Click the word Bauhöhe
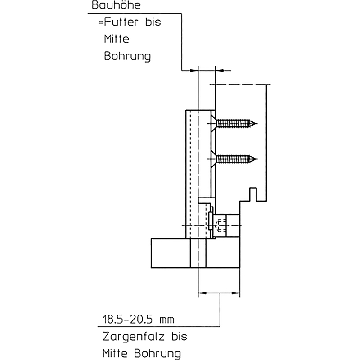pyautogui.click(x=110, y=7)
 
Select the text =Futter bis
pyautogui.click(x=129, y=22)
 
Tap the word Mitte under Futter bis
pyautogui.click(x=117, y=39)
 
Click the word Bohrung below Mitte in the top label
pyautogui.click(x=127, y=57)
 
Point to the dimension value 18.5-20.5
pyautogui.click(x=127, y=320)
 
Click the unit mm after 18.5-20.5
pyautogui.click(x=166, y=320)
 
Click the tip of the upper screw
pyautogui.click(x=257, y=122)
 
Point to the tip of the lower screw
pyautogui.click(x=257, y=158)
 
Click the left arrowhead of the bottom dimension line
pyautogui.click(x=201, y=293)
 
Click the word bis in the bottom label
pyautogui.click(x=178, y=337)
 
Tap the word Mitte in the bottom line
pyautogui.click(x=117, y=352)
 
